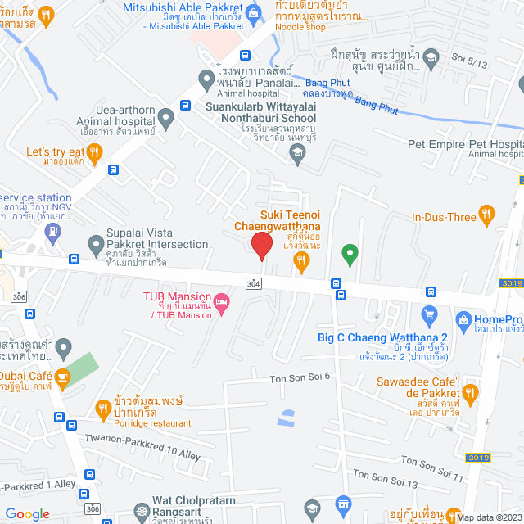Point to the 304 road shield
(253, 282)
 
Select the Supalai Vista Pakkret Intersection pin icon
(96, 244)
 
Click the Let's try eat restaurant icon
(95, 151)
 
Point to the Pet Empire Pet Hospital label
(463, 144)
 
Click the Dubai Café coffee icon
(63, 376)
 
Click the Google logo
(28, 514)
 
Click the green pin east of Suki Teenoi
(350, 255)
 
